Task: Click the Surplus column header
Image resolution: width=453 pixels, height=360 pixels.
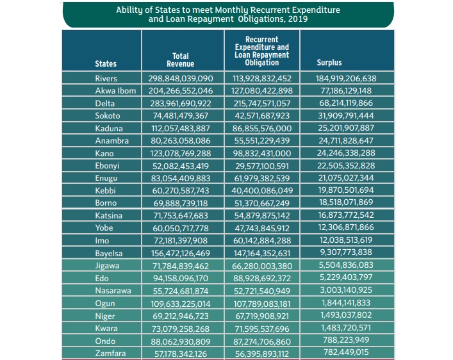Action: (x=329, y=63)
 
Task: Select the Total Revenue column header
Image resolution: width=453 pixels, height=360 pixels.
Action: (x=180, y=60)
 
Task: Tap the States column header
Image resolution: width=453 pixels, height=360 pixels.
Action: (x=106, y=64)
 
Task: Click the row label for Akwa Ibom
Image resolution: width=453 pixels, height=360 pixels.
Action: (x=115, y=91)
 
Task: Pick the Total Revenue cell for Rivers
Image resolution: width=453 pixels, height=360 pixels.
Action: (x=180, y=79)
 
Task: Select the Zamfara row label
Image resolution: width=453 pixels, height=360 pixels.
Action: (x=110, y=353)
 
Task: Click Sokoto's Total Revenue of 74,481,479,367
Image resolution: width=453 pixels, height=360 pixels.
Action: (x=180, y=116)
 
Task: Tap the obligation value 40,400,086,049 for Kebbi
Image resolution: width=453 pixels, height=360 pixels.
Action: (x=261, y=191)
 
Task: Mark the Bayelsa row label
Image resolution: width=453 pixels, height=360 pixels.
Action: (x=109, y=253)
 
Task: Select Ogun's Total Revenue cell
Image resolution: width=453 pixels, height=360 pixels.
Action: (x=180, y=303)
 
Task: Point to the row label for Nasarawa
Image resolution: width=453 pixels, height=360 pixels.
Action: (x=113, y=291)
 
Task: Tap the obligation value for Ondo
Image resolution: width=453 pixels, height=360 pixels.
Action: (x=261, y=341)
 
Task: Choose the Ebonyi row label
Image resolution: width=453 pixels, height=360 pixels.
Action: (x=107, y=166)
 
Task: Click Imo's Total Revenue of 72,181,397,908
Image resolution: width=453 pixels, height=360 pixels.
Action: (x=180, y=241)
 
